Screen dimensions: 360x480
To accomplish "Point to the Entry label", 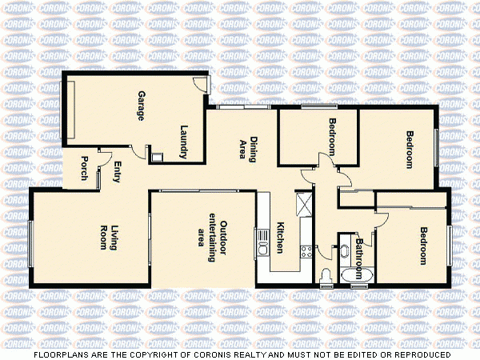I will [117, 172].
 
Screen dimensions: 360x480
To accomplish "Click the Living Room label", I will [109, 238].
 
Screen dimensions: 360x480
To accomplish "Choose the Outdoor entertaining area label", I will [212, 240].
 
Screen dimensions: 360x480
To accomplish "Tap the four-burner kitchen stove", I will [305, 251].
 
